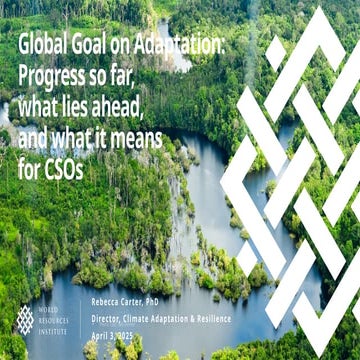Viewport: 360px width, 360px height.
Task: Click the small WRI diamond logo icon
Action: [x=25, y=319]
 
